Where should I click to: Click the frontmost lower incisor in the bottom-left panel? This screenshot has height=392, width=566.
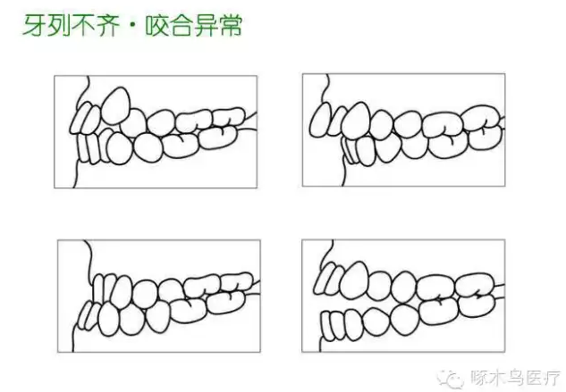click(x=89, y=314)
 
